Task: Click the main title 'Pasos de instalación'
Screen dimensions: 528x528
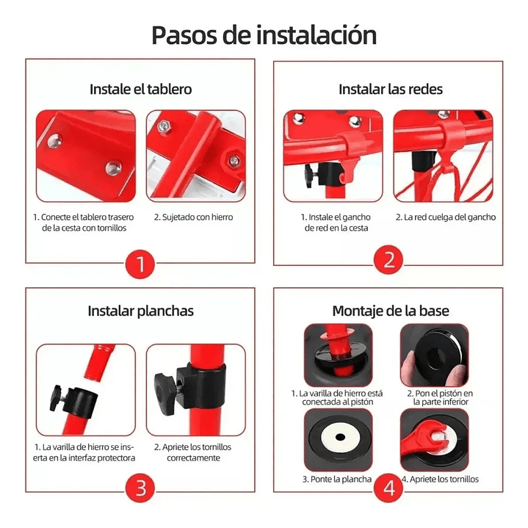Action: click(x=264, y=35)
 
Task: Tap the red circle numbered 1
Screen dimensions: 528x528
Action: click(x=140, y=262)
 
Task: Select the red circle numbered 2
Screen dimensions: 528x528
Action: click(x=388, y=260)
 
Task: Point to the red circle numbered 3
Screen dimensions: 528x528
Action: click(x=140, y=488)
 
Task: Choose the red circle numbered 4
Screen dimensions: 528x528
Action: click(x=388, y=488)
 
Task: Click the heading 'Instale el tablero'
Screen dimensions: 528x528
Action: click(x=140, y=89)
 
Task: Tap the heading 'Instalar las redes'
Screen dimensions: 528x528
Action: click(x=390, y=89)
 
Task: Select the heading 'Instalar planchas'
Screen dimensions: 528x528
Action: click(x=140, y=311)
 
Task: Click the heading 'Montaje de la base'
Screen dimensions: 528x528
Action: click(x=390, y=311)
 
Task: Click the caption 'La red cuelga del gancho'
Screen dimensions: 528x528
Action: click(x=445, y=217)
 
